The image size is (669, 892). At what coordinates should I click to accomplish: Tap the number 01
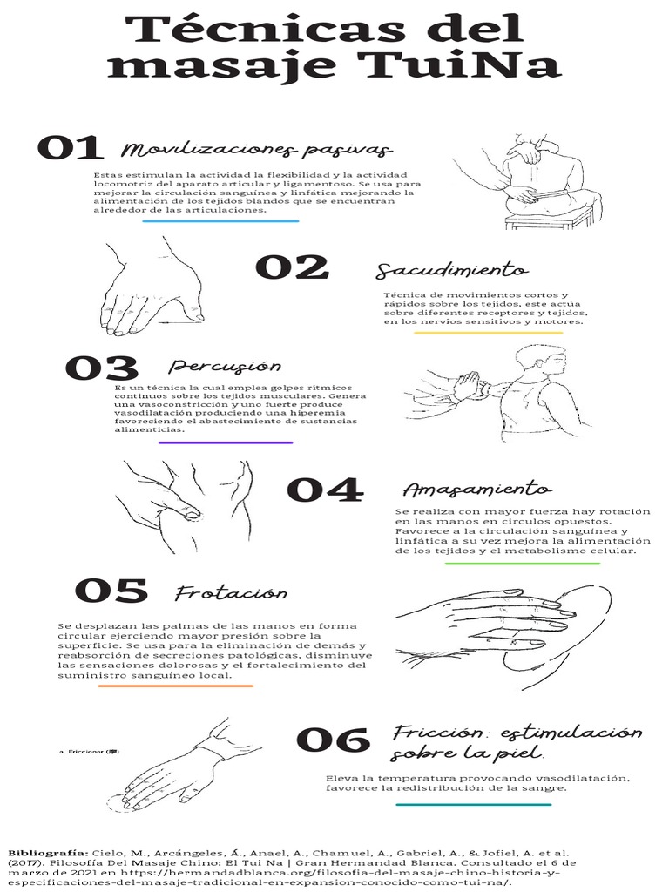tap(71, 148)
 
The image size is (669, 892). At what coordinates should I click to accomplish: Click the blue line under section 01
tap(220, 221)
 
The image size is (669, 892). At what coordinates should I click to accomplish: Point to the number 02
tap(291, 267)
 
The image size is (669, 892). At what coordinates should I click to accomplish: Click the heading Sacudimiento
tap(451, 270)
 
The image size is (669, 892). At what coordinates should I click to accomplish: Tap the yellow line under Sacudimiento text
tap(487, 333)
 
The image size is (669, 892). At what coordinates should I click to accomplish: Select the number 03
tap(102, 368)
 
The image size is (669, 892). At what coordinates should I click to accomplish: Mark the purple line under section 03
tap(226, 443)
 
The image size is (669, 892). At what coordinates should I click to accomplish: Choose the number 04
tap(324, 490)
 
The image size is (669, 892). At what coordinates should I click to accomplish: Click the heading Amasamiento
tap(476, 490)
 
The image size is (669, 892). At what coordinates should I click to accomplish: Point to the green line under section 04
tap(522, 564)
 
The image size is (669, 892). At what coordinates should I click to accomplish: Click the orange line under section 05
tap(175, 686)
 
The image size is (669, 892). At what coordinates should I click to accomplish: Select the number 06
tap(333, 740)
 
